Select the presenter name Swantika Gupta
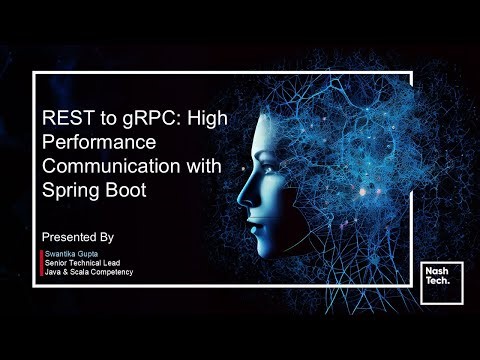(74, 255)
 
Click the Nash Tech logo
(436, 276)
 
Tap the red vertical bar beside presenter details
(40, 264)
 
